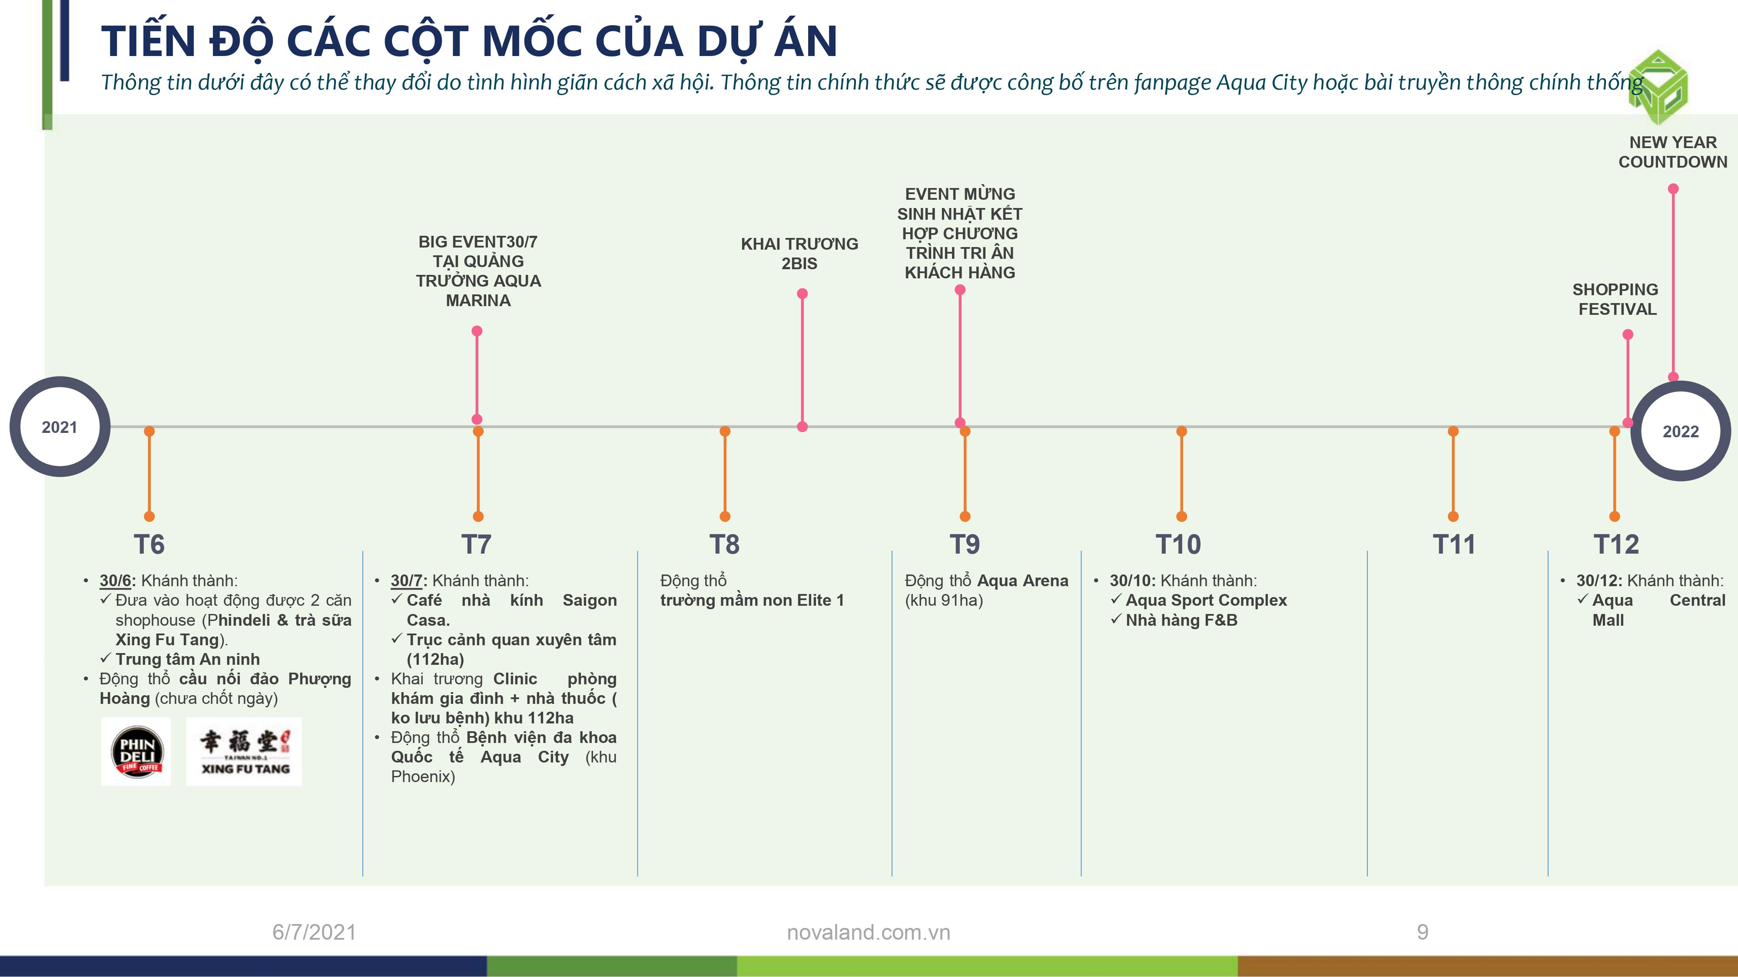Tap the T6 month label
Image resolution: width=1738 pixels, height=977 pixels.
[149, 544]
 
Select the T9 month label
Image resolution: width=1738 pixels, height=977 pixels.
[965, 544]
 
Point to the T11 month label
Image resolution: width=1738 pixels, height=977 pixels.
[1454, 544]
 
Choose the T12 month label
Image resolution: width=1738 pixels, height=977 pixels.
[1616, 544]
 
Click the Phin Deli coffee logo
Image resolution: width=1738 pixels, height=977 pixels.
[137, 751]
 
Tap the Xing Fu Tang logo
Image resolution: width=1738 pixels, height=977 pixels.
[244, 751]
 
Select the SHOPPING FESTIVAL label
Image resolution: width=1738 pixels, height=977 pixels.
[1616, 299]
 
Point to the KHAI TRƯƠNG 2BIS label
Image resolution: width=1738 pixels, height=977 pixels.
[799, 254]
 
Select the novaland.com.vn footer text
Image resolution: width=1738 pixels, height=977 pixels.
[868, 932]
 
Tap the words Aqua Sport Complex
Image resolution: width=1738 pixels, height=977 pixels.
[1206, 600]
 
